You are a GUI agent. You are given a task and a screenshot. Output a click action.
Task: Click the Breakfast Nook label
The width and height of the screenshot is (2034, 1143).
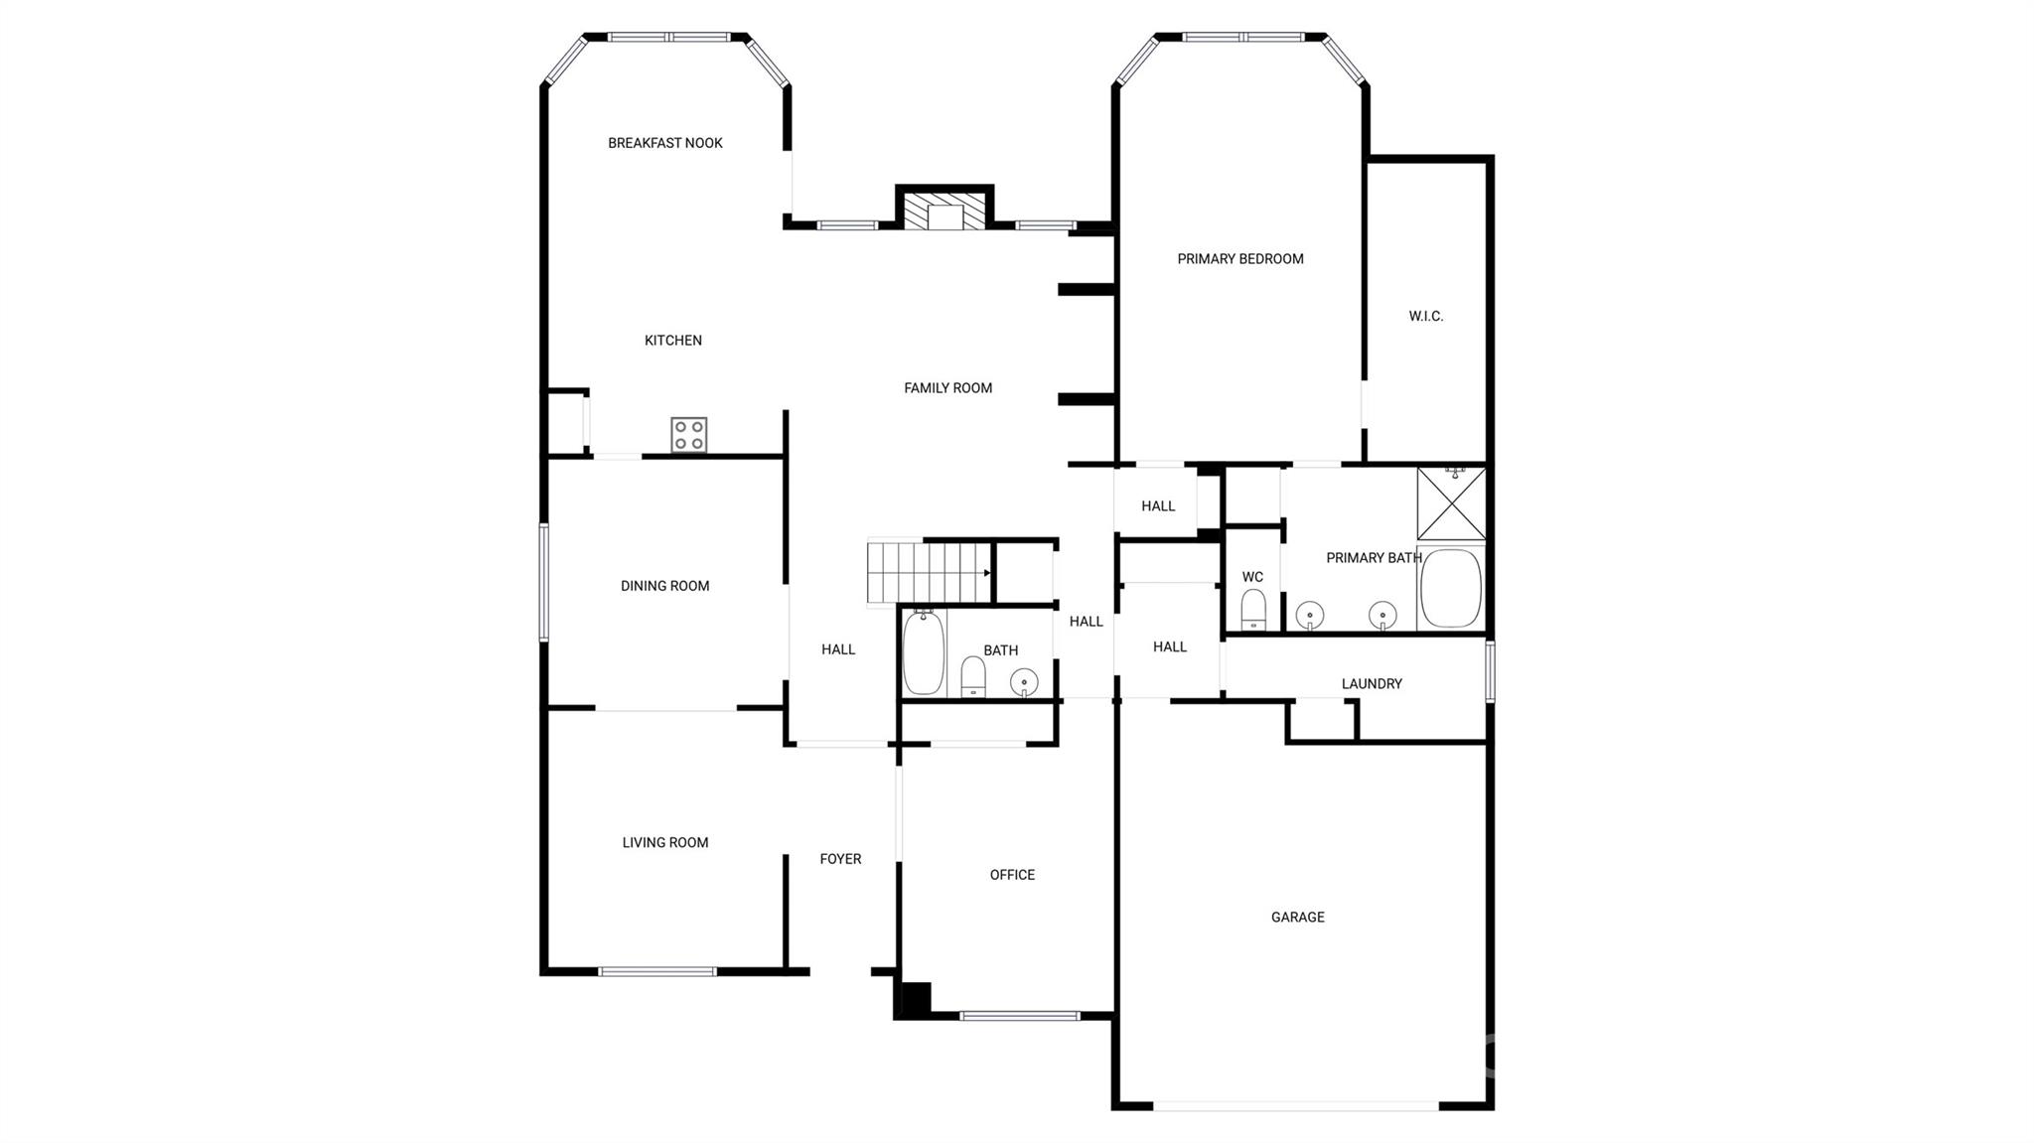tap(665, 143)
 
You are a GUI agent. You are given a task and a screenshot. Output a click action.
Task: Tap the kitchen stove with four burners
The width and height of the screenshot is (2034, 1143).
tap(689, 435)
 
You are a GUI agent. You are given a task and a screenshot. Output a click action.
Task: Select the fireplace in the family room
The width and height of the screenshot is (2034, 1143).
tap(944, 210)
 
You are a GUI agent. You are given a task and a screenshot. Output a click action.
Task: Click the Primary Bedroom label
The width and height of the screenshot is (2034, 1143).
tap(1240, 259)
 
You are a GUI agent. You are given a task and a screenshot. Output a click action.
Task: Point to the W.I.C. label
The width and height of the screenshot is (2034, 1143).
tap(1426, 317)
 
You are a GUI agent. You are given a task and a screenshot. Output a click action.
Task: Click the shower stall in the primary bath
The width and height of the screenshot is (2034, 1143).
tap(1451, 503)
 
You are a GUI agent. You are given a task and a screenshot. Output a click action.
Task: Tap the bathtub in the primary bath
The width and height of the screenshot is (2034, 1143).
tap(1451, 588)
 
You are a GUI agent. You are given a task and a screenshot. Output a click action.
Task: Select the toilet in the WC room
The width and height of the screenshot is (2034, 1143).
tap(1253, 610)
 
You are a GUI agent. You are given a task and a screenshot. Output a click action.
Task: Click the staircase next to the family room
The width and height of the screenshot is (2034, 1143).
tap(930, 572)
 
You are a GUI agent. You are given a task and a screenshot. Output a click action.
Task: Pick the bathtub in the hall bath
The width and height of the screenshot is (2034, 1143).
tap(924, 652)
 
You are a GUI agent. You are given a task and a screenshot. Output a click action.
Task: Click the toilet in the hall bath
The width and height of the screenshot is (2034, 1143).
tap(973, 677)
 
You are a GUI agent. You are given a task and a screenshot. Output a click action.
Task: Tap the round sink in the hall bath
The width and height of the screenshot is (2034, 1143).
tap(1024, 682)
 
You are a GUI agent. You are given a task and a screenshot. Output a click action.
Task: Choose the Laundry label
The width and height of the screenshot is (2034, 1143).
tap(1372, 684)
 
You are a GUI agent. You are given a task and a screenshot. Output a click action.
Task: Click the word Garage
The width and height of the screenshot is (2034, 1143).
tap(1298, 918)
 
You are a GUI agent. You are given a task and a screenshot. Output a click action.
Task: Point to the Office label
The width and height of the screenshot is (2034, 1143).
tap(1012, 875)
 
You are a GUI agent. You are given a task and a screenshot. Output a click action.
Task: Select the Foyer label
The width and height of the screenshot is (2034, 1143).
tap(840, 859)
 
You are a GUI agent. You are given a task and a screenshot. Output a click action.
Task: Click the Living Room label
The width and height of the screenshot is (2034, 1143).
tap(665, 843)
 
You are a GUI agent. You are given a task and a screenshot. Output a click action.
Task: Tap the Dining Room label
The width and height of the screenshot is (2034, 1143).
tap(665, 586)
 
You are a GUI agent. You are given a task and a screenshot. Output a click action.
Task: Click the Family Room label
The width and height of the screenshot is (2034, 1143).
tap(948, 388)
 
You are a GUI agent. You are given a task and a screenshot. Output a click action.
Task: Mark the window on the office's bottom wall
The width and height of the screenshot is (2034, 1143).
tap(1020, 1016)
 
